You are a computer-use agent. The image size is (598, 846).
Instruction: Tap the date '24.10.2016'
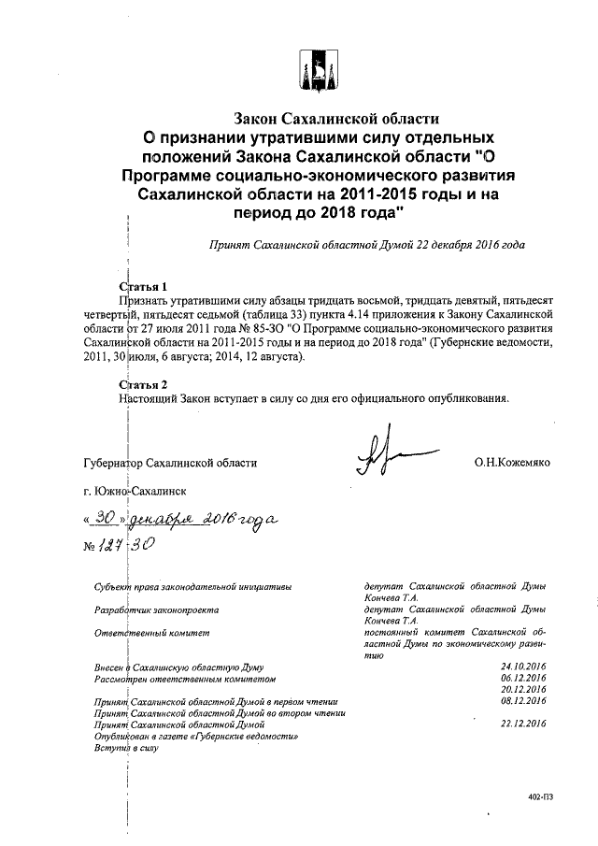point(523,666)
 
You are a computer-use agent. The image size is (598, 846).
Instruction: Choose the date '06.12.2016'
point(523,678)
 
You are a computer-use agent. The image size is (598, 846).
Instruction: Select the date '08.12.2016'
point(523,700)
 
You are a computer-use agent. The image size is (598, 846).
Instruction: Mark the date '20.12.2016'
point(523,689)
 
